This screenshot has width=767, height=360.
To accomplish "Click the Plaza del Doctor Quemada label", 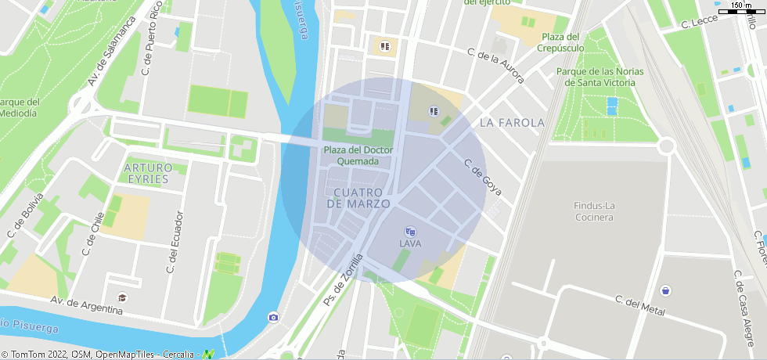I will pyautogui.click(x=358, y=156).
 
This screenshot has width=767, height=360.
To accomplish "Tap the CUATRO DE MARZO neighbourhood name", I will pyautogui.click(x=358, y=198).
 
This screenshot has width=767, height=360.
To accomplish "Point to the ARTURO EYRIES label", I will pyautogui.click(x=148, y=173).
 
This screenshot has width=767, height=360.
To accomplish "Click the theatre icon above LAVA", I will pyautogui.click(x=410, y=232).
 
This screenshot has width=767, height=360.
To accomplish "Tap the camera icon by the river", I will pyautogui.click(x=273, y=317).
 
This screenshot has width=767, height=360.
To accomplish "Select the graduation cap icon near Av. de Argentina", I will pyautogui.click(x=121, y=297).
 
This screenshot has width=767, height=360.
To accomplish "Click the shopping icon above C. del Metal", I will pyautogui.click(x=664, y=290).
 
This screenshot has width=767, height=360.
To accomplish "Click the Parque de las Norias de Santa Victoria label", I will pyautogui.click(x=600, y=76).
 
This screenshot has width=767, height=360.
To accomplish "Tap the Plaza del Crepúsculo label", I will pyautogui.click(x=560, y=42).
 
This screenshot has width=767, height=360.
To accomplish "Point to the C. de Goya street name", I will pyautogui.click(x=482, y=178).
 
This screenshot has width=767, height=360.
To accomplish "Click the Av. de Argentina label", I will pyautogui.click(x=86, y=305).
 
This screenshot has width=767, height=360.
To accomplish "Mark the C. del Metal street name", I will pyautogui.click(x=639, y=306).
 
